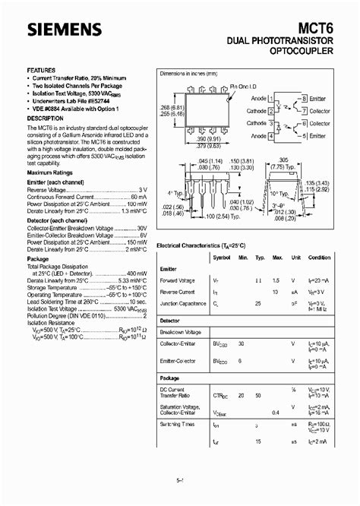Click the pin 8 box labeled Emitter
click(x=303, y=99)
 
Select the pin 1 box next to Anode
click(x=271, y=99)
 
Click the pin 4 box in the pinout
click(x=271, y=135)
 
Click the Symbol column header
click(x=222, y=257)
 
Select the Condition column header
click(x=320, y=257)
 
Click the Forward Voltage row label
click(x=177, y=280)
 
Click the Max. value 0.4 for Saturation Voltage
click(x=277, y=412)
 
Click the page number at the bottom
click(x=180, y=479)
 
